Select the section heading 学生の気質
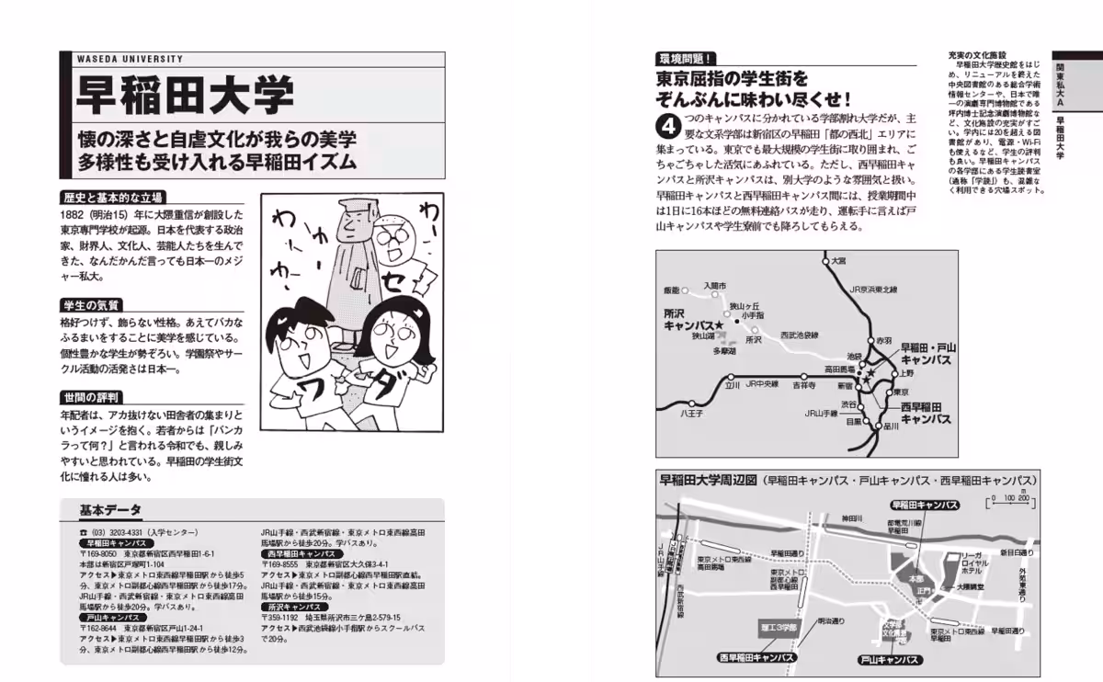[x=93, y=304]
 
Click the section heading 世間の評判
[x=93, y=397]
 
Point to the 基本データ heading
[x=110, y=510]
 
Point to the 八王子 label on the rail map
[x=691, y=414]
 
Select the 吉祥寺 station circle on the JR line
[x=804, y=376]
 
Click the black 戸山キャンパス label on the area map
[x=889, y=659]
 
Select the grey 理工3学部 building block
[x=780, y=627]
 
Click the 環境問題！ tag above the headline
[x=687, y=57]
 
